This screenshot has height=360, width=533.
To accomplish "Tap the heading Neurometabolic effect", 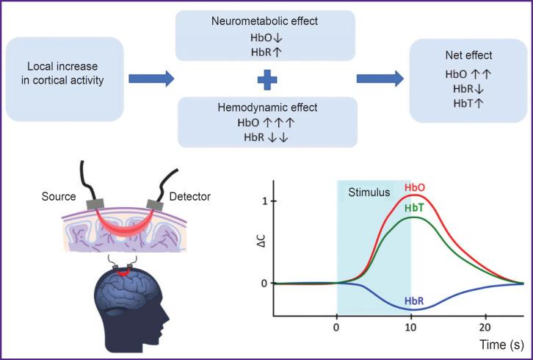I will coord(264,21).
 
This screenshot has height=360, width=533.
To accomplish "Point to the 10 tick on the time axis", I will coord(411,326).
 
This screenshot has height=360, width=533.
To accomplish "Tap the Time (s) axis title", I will coord(501,343).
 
